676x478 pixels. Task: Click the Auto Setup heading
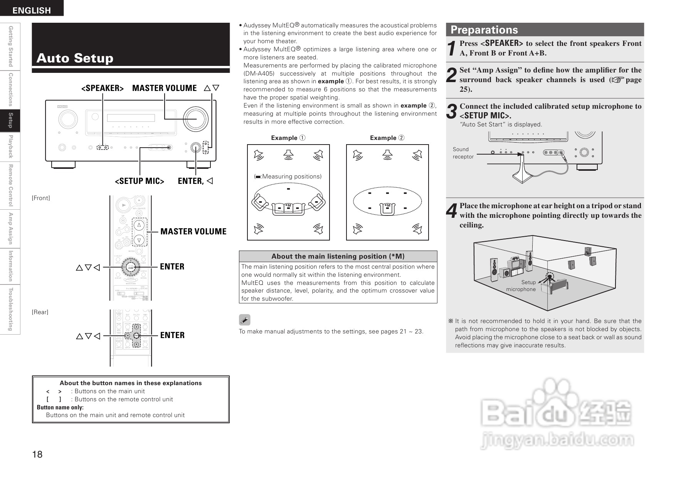point(75,58)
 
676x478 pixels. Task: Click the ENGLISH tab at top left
point(32,10)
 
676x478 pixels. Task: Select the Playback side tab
point(11,146)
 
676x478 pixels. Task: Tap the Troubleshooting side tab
point(11,309)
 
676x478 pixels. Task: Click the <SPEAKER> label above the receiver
point(102,88)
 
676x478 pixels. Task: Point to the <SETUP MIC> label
point(140,181)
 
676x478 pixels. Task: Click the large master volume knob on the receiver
point(195,118)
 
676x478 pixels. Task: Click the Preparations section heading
point(484,30)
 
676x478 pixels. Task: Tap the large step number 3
point(451,111)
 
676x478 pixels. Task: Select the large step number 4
point(451,211)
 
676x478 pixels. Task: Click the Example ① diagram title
point(288,138)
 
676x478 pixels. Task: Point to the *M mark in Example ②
point(387,205)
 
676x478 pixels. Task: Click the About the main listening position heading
point(338,256)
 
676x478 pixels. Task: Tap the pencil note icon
point(244,320)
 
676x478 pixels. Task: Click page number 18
point(37,454)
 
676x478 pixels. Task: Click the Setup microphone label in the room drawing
point(521,286)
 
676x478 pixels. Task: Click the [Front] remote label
point(41,198)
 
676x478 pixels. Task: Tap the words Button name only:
point(60,407)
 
